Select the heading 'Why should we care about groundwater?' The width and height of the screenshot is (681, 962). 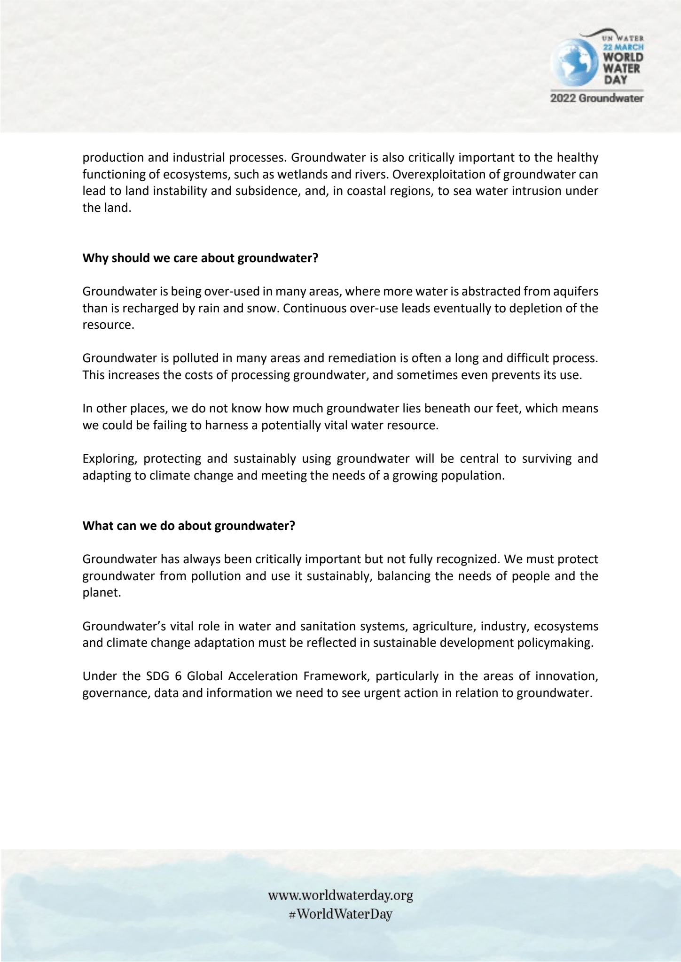pos(200,258)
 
